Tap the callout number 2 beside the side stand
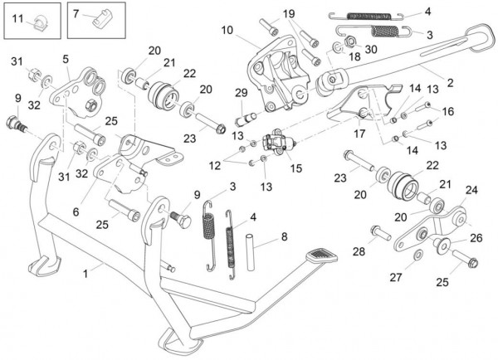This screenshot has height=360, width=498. click(451, 83)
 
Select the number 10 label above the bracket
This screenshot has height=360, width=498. click(227, 31)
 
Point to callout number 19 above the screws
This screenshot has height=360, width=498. click(288, 14)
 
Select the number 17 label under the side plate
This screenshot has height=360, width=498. click(359, 132)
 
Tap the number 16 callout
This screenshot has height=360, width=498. click(448, 110)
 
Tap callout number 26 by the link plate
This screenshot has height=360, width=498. click(475, 237)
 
